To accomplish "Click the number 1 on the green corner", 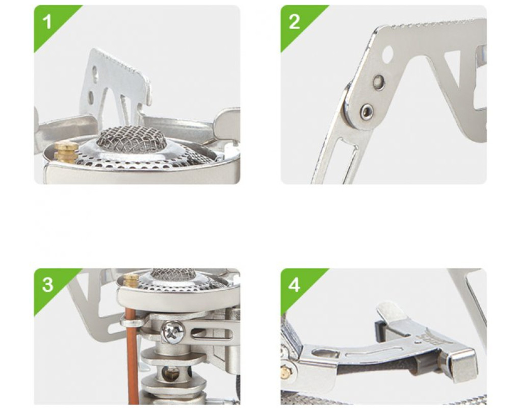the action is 47,22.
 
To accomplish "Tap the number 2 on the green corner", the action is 294,22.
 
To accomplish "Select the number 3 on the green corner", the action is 47,285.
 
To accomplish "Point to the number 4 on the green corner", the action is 294,285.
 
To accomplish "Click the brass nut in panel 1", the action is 66,151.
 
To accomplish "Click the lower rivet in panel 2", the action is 367,110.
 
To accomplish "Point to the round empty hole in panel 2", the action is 387,53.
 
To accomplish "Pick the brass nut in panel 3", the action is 131,280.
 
